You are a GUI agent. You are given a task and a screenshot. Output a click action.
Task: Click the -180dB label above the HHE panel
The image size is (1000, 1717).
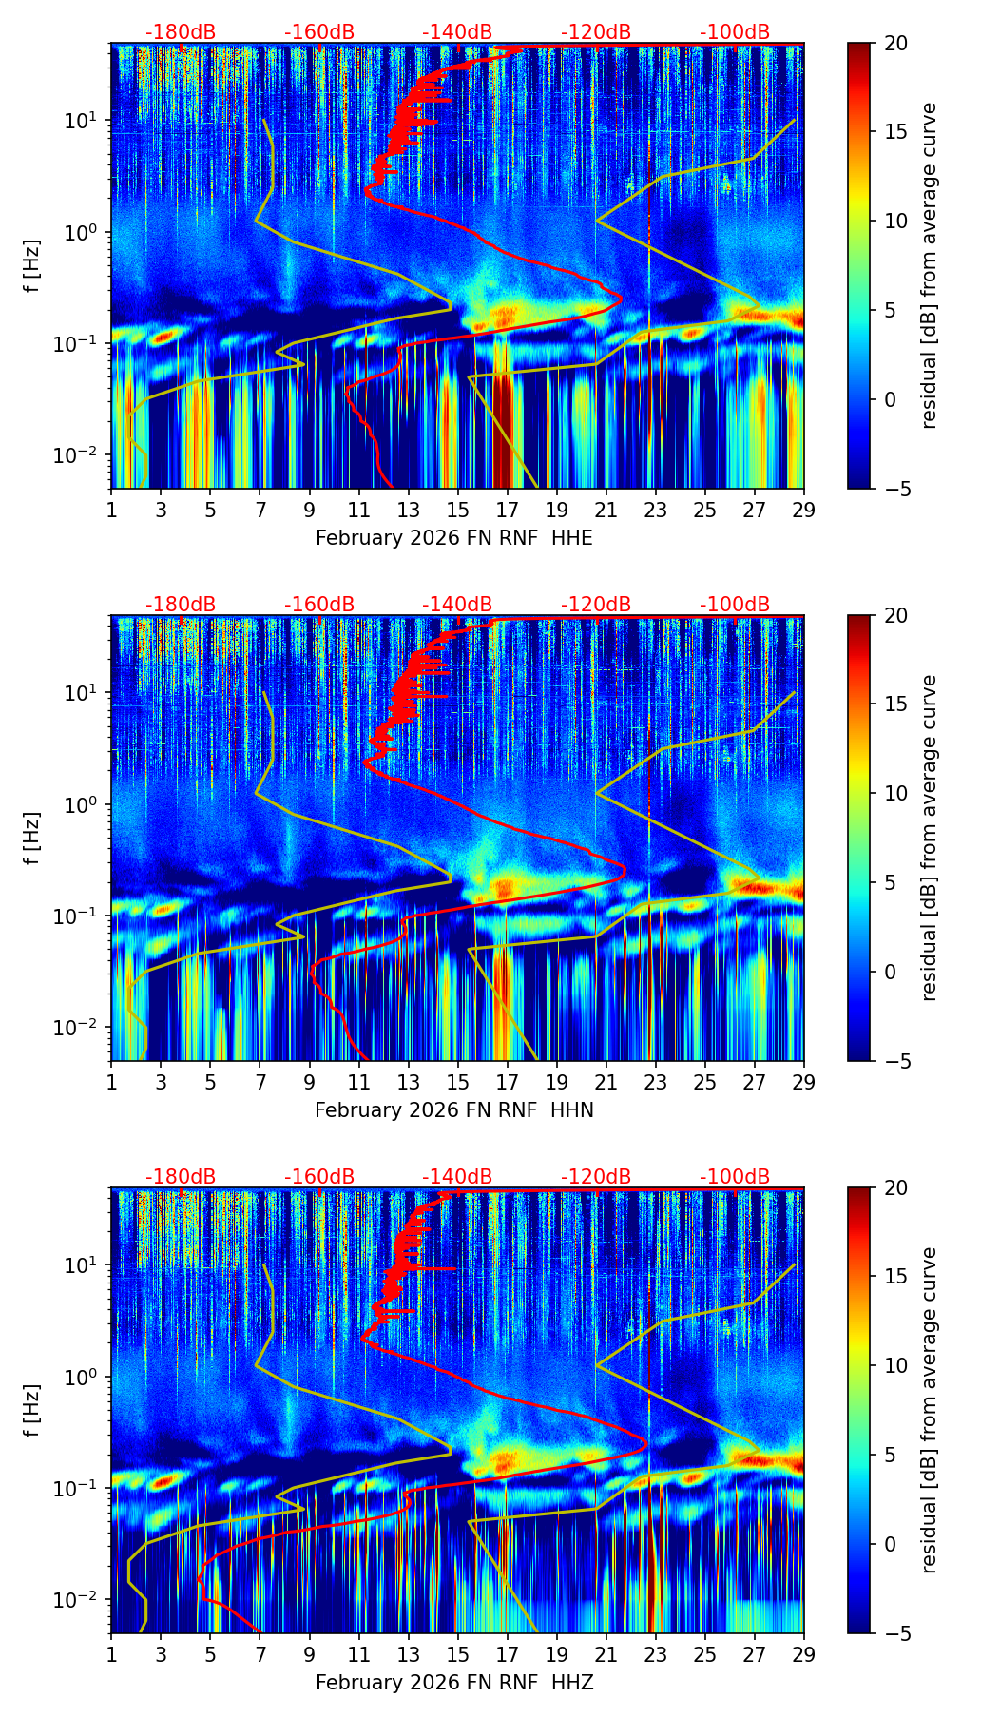[x=181, y=32]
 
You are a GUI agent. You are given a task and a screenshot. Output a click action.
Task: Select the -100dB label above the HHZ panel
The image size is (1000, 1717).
[x=735, y=1177]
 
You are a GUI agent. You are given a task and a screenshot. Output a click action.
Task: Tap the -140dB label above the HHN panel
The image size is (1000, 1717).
[x=457, y=605]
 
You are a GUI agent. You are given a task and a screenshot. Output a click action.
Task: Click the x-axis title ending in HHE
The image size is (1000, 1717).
[x=453, y=538]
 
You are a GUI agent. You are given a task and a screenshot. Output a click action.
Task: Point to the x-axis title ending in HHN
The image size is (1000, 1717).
[x=453, y=1110]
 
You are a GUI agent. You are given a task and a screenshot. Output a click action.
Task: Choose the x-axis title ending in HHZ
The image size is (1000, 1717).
[x=453, y=1683]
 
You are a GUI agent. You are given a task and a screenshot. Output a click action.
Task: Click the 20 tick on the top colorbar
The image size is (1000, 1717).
[x=895, y=44]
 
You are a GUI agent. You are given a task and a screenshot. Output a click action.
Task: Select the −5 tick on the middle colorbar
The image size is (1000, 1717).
[x=895, y=1061]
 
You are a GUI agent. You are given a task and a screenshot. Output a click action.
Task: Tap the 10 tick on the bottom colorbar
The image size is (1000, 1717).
[x=895, y=1366]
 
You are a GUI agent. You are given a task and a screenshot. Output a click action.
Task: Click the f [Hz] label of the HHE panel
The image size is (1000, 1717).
[x=32, y=266]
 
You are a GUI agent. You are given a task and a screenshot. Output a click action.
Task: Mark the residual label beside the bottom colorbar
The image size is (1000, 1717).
[x=929, y=1411]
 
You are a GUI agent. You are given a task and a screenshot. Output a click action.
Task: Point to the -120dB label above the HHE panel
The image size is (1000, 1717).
[x=596, y=32]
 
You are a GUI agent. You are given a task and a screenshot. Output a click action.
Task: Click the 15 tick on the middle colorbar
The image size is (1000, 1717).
[x=895, y=704]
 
